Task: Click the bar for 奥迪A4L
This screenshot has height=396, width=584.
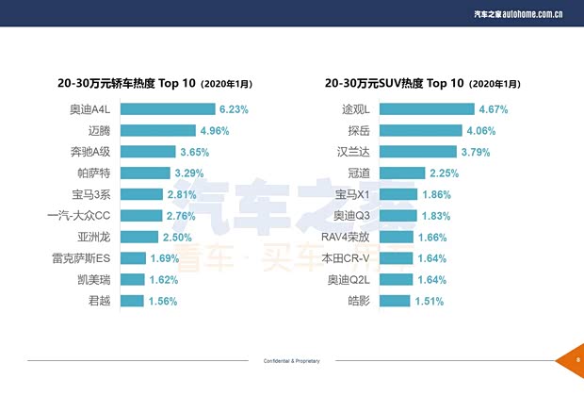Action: [168, 109]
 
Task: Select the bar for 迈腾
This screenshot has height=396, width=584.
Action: [157, 130]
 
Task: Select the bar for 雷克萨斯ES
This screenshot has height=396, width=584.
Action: [133, 258]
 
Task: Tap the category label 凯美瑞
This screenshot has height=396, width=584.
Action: [96, 280]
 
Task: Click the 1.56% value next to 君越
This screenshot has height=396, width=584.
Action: [163, 301]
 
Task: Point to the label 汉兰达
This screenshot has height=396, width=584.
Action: [356, 152]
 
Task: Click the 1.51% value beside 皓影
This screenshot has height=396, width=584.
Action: [429, 301]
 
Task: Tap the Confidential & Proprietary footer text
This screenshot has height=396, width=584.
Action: [291, 361]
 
